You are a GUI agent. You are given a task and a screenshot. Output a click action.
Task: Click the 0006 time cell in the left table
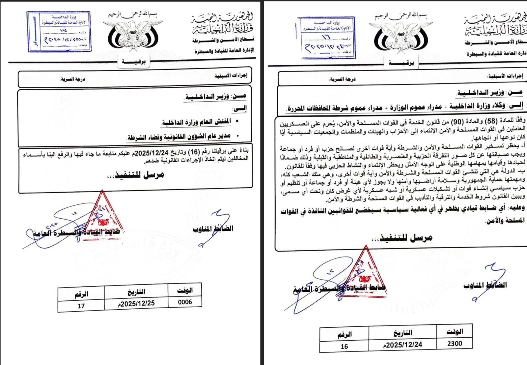185,302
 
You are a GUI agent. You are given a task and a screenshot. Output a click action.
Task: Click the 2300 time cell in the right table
455,344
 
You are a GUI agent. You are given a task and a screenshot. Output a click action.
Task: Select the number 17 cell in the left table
81,306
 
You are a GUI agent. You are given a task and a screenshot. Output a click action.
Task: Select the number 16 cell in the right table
344,347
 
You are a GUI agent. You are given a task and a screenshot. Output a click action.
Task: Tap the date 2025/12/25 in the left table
136,304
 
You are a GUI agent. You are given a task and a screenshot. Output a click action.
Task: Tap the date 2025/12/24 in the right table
402,345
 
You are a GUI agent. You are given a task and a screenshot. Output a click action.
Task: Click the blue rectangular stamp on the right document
327,38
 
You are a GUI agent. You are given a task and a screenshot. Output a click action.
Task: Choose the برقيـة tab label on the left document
133,61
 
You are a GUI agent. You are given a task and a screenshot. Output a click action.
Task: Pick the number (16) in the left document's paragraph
194,152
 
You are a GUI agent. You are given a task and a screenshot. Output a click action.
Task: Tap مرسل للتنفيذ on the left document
136,175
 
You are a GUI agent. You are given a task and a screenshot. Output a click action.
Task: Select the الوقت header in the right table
455,332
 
